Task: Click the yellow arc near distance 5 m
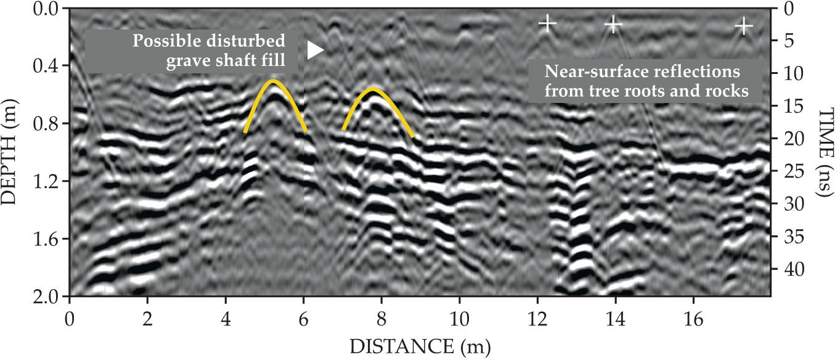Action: [274, 82]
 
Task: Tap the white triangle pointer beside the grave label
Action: [315, 51]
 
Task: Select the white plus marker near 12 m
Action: [547, 23]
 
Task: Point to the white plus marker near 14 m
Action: [613, 24]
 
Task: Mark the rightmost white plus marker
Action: [744, 27]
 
